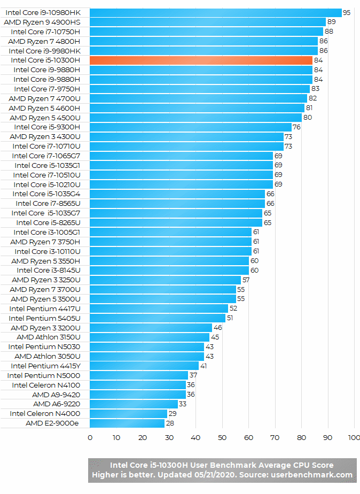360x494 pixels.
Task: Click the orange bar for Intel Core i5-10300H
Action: pos(201,60)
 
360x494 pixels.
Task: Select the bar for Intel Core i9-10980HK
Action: pos(215,12)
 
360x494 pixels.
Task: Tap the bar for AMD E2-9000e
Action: pos(127,423)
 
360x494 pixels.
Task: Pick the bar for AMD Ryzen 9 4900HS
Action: pos(207,22)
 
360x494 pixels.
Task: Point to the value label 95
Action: pos(347,12)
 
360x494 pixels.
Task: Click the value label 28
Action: pos(170,423)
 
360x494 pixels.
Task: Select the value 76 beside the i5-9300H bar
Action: pos(297,127)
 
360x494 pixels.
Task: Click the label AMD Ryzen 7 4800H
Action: pos(44,41)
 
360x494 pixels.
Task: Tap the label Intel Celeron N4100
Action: pos(46,385)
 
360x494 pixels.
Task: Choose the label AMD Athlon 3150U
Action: pos(48,337)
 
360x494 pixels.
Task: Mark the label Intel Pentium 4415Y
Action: pos(45,366)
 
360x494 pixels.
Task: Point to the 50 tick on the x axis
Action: pos(222,438)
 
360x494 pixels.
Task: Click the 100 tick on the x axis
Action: pos(354,438)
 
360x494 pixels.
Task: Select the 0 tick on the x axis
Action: pos(90,438)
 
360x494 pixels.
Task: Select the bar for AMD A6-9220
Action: pos(134,404)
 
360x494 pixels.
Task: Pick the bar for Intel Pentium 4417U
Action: pos(159,308)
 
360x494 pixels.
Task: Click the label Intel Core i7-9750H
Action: pos(47,89)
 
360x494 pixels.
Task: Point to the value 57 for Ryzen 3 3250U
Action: pos(246,280)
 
